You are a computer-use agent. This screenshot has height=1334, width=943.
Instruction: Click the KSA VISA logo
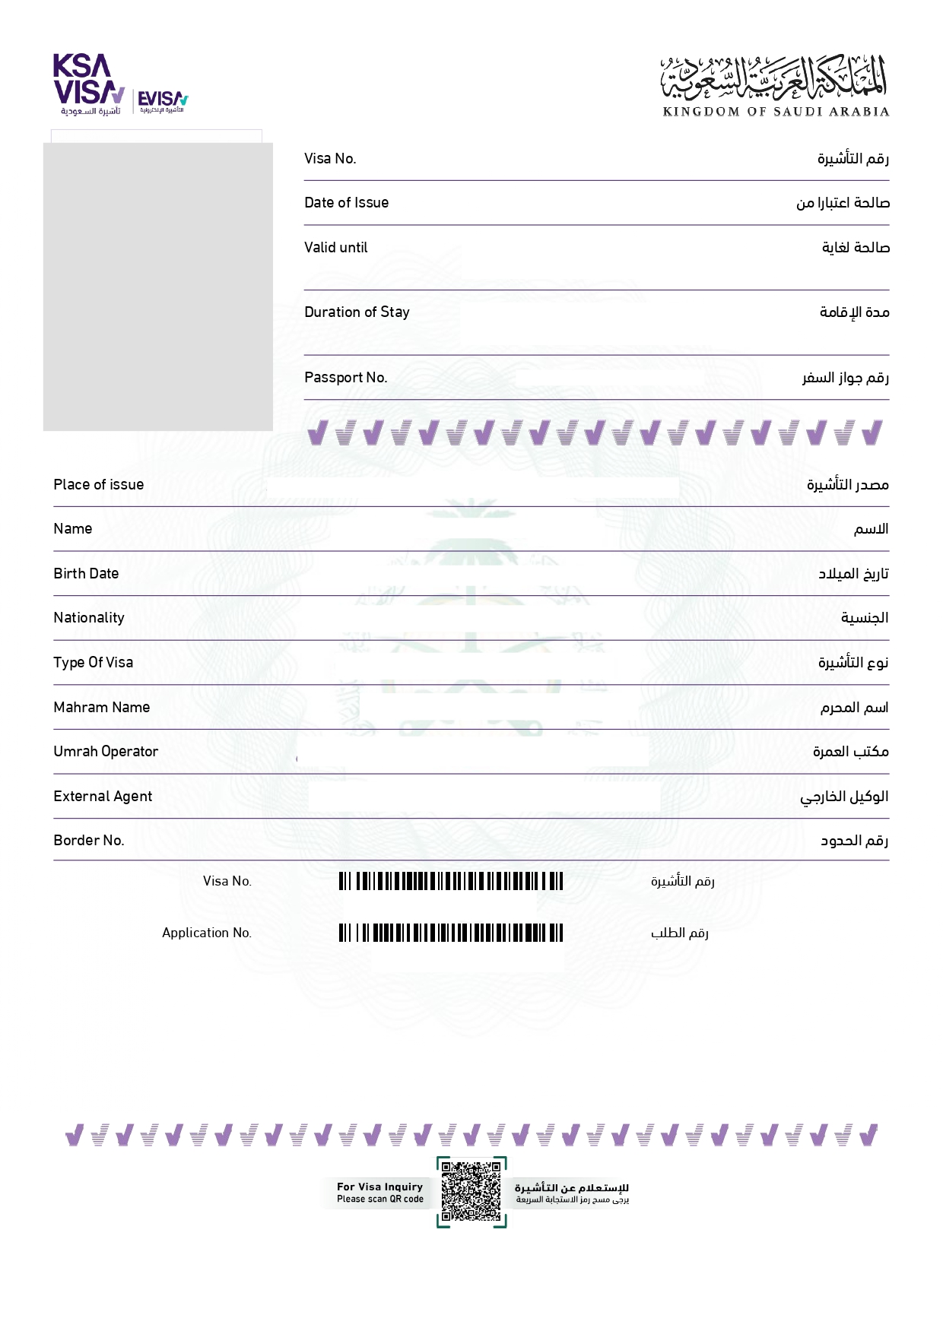(88, 84)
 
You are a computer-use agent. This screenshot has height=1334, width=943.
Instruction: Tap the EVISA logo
(162, 101)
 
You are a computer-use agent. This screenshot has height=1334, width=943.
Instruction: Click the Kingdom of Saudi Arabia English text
(776, 112)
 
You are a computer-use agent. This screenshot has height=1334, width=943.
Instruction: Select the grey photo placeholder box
(158, 287)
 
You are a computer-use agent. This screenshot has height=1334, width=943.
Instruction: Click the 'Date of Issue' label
(346, 203)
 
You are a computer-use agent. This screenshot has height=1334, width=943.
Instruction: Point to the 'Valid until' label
(335, 248)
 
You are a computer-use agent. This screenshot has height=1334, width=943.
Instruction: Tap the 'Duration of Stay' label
(357, 312)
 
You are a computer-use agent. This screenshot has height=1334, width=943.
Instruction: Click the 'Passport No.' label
(345, 378)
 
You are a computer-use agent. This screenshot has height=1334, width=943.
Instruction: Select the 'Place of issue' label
(98, 485)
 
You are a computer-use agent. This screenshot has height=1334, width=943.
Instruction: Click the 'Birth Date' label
(86, 574)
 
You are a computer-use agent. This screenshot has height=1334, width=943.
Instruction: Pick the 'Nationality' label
(88, 618)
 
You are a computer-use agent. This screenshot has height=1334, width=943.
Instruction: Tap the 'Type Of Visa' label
(93, 663)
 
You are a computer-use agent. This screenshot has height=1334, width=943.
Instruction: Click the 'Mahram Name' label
(101, 708)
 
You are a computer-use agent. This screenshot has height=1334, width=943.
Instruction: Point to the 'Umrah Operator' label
(106, 752)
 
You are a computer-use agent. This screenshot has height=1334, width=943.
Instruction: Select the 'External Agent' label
(103, 797)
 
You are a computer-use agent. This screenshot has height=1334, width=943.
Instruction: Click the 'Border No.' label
(88, 841)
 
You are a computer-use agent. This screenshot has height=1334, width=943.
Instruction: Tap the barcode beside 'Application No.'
(451, 933)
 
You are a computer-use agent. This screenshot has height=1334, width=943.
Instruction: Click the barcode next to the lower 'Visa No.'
(451, 881)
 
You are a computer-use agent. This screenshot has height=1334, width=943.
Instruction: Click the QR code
(471, 1191)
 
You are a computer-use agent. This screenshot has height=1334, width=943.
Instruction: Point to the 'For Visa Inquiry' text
(379, 1187)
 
